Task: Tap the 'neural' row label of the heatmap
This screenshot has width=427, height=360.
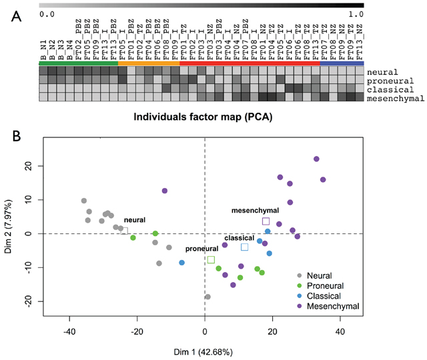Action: point(383,72)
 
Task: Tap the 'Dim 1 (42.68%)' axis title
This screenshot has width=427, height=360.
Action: point(205,351)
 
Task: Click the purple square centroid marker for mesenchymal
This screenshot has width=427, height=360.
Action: point(266,221)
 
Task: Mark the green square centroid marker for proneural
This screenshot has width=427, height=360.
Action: point(211,260)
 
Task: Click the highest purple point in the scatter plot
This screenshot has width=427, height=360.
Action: point(316,159)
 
